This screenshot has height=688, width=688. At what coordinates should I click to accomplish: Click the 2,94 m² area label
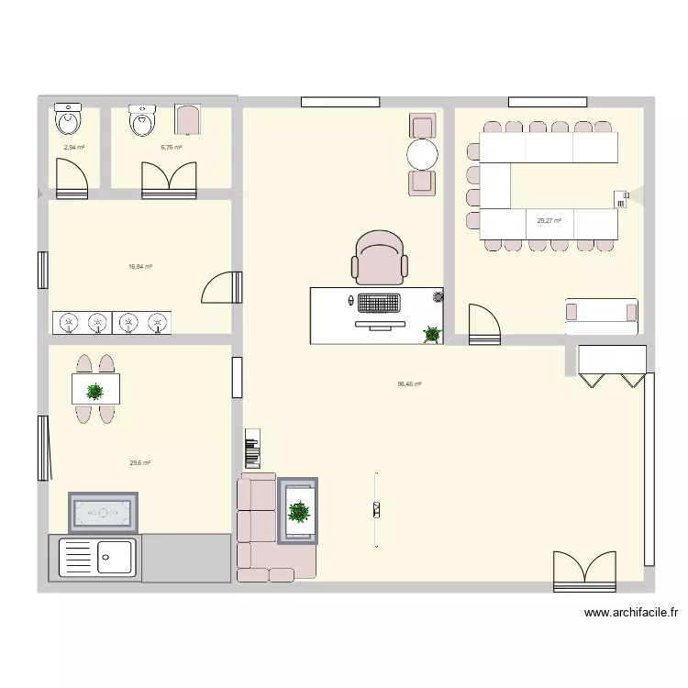pyautogui.click(x=73, y=148)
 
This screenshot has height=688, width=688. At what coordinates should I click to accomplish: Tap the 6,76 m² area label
pyautogui.click(x=172, y=148)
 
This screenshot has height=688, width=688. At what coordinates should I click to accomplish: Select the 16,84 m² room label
pyautogui.click(x=140, y=267)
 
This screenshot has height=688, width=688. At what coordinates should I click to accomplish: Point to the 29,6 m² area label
pyautogui.click(x=139, y=463)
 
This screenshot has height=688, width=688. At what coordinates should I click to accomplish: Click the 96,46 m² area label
pyautogui.click(x=409, y=384)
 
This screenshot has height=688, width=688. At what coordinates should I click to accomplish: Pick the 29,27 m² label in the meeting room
pyautogui.click(x=549, y=220)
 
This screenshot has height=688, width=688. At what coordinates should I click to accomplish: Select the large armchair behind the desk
pyautogui.click(x=379, y=256)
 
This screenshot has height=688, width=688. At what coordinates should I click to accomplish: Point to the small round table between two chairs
pyautogui.click(x=423, y=154)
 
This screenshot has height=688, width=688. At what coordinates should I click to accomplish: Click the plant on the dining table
pyautogui.click(x=94, y=392)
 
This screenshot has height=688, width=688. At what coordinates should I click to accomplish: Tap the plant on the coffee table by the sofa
pyautogui.click(x=298, y=512)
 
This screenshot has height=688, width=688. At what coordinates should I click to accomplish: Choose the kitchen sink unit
pyautogui.click(x=96, y=558)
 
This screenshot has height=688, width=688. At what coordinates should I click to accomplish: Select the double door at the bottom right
pyautogui.click(x=583, y=571)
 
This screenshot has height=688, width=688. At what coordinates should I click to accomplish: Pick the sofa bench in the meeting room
pyautogui.click(x=601, y=311)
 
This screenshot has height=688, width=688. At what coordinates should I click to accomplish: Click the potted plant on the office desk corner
pyautogui.click(x=431, y=335)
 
